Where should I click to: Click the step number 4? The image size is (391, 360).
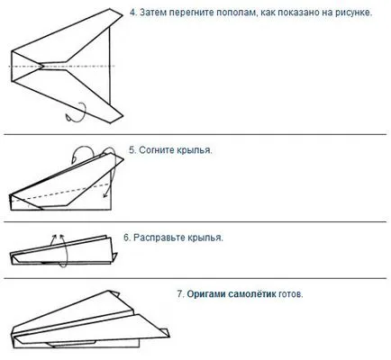(x=133, y=13)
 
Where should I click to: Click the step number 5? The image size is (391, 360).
(x=132, y=150)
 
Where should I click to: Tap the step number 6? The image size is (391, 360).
(x=127, y=238)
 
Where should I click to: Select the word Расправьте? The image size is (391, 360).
(x=159, y=238)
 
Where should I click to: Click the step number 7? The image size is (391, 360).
(x=180, y=293)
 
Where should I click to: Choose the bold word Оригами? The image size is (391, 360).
(x=206, y=294)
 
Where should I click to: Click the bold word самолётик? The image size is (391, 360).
(x=252, y=293)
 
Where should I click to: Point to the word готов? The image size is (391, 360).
(x=290, y=294)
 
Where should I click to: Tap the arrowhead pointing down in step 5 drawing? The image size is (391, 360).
(x=105, y=195)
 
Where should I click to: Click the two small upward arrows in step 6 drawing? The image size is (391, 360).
(x=57, y=239)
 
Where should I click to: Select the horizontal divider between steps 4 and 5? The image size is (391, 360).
(x=195, y=135)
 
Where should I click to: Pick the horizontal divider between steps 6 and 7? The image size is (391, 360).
(x=195, y=278)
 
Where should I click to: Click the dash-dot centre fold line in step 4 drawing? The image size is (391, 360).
(x=62, y=66)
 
